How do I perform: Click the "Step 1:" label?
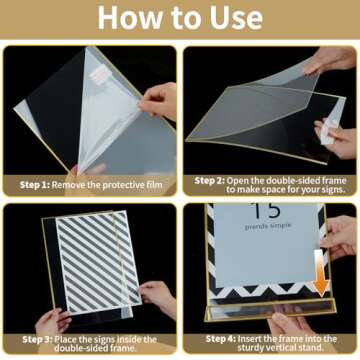(34, 185)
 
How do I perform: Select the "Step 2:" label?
(209, 181)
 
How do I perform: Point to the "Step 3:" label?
(37, 340)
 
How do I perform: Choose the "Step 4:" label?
(221, 339)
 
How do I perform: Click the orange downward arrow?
(322, 273)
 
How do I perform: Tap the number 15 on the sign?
(266, 211)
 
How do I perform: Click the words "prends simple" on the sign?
(268, 227)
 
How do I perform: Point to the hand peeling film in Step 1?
(159, 101)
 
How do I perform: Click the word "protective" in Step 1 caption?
(118, 185)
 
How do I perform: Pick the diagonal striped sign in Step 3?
(98, 260)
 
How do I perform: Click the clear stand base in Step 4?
(271, 311)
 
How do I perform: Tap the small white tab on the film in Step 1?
(99, 75)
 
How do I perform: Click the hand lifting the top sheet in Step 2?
(330, 60)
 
